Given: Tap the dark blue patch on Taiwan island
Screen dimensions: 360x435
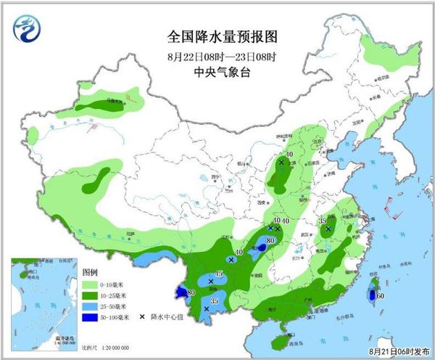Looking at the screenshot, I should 371,295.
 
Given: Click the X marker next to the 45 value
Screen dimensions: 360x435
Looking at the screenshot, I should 211,281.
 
